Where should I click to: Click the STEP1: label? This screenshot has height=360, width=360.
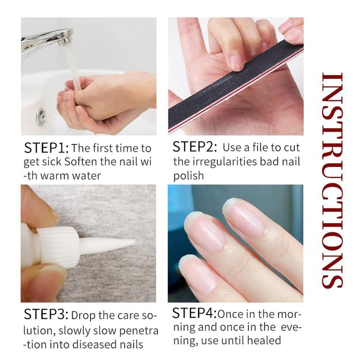pyautogui.click(x=46, y=148)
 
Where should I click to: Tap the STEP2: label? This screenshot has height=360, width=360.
pyautogui.click(x=195, y=147)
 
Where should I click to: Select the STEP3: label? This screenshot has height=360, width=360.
pyautogui.click(x=46, y=315)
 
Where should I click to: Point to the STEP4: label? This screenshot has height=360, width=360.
pyautogui.click(x=194, y=313)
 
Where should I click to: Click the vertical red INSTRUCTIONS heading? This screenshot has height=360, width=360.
pyautogui.click(x=332, y=180)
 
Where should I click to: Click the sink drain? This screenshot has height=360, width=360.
pyautogui.click(x=41, y=116)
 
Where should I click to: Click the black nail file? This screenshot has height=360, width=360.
pyautogui.click(x=236, y=86)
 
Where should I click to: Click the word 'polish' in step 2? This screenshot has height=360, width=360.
pyautogui.click(x=188, y=176)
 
